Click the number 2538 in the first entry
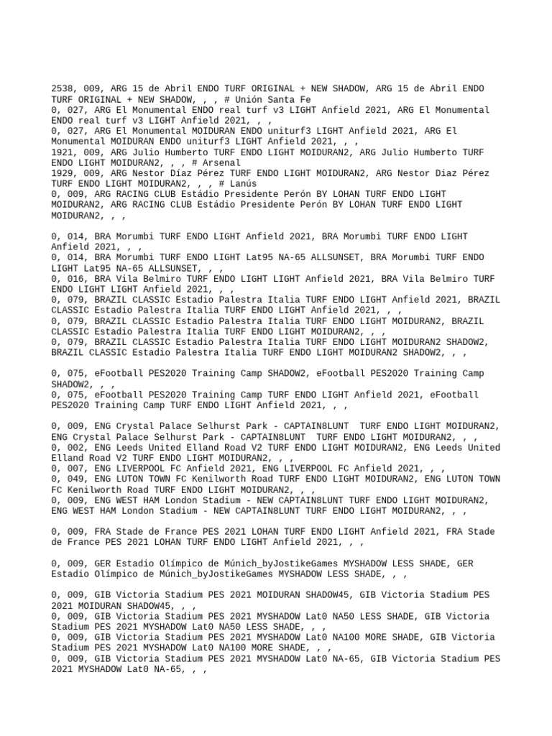tap(63, 89)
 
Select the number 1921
tap(63, 152)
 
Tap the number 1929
tap(63, 173)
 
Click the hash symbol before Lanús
tap(225, 184)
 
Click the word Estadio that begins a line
tap(70, 574)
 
